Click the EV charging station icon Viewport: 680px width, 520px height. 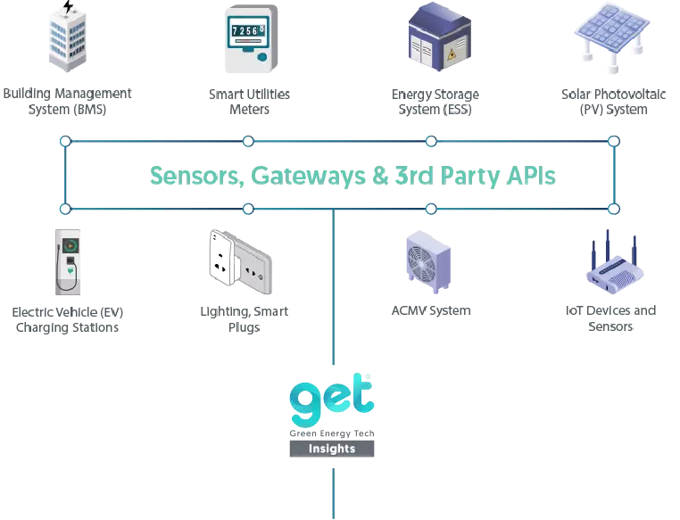pyautogui.click(x=69, y=262)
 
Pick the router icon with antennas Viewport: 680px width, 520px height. pyautogui.click(x=611, y=262)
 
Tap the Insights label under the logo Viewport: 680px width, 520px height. pyautogui.click(x=332, y=449)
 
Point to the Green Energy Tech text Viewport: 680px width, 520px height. pyautogui.click(x=332, y=433)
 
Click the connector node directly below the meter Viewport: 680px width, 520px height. pyautogui.click(x=249, y=141)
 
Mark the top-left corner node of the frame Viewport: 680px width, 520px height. pyautogui.click(x=63, y=141)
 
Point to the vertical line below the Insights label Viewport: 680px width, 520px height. pyautogui.click(x=332, y=491)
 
